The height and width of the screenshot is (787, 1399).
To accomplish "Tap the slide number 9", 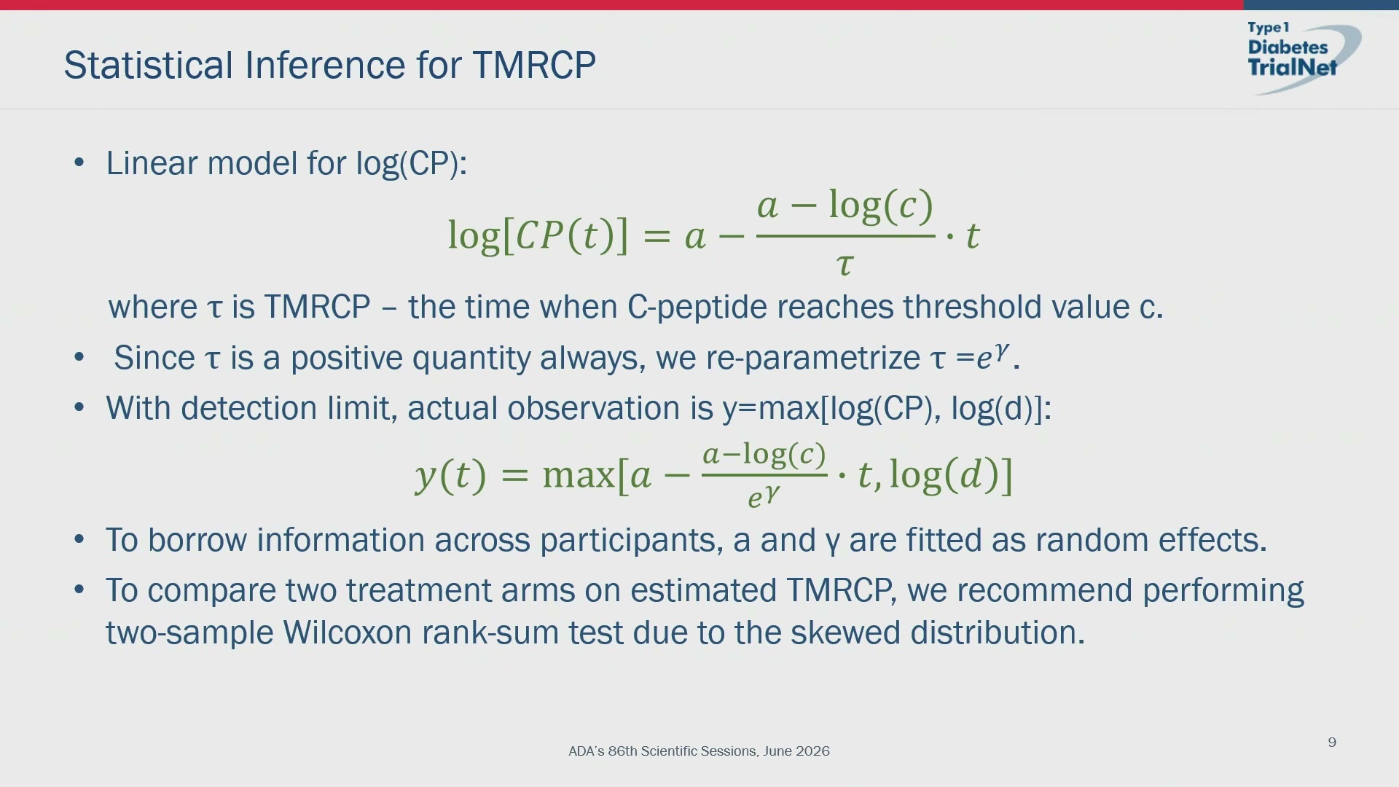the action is pyautogui.click(x=1332, y=743).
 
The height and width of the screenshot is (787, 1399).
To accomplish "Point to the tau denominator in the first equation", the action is pyautogui.click(x=845, y=264).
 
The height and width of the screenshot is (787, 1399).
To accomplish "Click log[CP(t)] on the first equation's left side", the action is pyautogui.click(x=538, y=235).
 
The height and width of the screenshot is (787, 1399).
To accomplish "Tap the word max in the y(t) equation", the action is pyautogui.click(x=579, y=475).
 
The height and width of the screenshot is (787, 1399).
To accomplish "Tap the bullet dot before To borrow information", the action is pyautogui.click(x=79, y=539).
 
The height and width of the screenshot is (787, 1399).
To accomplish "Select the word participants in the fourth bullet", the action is pyautogui.click(x=632, y=541).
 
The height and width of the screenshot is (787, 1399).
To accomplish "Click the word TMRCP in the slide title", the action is pyautogui.click(x=534, y=65).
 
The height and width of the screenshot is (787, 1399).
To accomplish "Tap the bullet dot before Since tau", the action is pyautogui.click(x=79, y=357).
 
